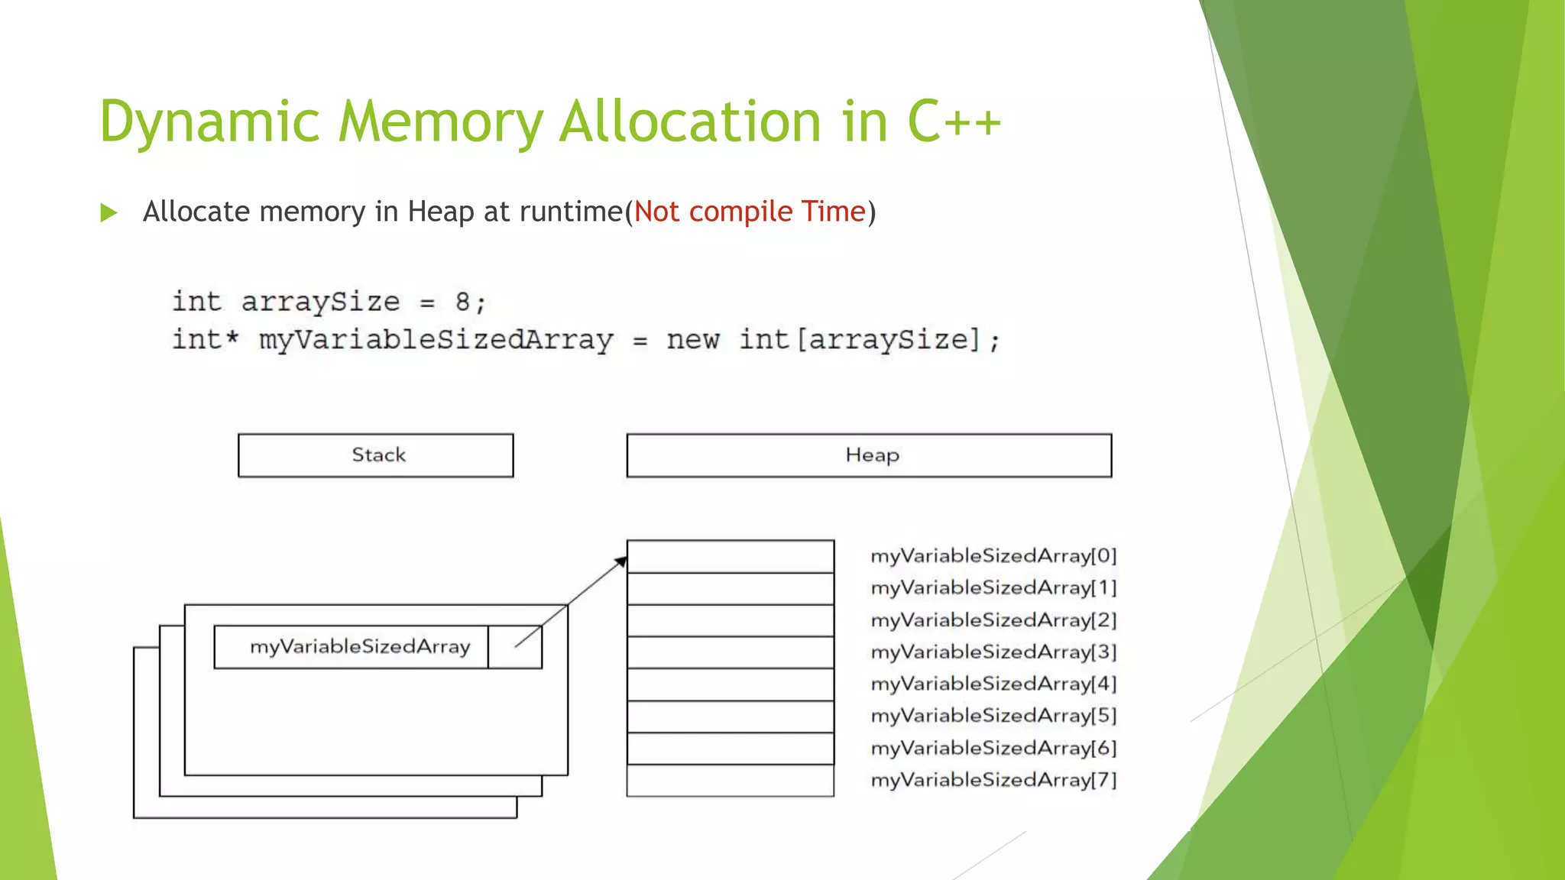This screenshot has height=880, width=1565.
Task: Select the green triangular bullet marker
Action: tap(109, 212)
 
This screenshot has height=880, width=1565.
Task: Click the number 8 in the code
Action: tap(462, 302)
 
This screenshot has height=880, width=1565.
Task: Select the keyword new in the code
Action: tap(692, 339)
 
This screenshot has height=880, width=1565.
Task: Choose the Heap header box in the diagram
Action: tap(869, 455)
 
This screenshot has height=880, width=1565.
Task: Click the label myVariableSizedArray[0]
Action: tap(993, 556)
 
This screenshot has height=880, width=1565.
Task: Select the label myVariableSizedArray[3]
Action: tap(993, 652)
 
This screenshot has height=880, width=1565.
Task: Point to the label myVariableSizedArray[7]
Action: tap(993, 780)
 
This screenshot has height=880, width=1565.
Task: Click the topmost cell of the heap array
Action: tap(730, 556)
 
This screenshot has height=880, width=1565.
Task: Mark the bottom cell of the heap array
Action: tap(730, 781)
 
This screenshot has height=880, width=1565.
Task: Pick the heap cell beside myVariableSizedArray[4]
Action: tap(730, 684)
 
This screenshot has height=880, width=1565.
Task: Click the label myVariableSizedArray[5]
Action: tap(993, 716)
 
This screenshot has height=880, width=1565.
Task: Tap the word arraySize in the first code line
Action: tap(320, 302)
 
